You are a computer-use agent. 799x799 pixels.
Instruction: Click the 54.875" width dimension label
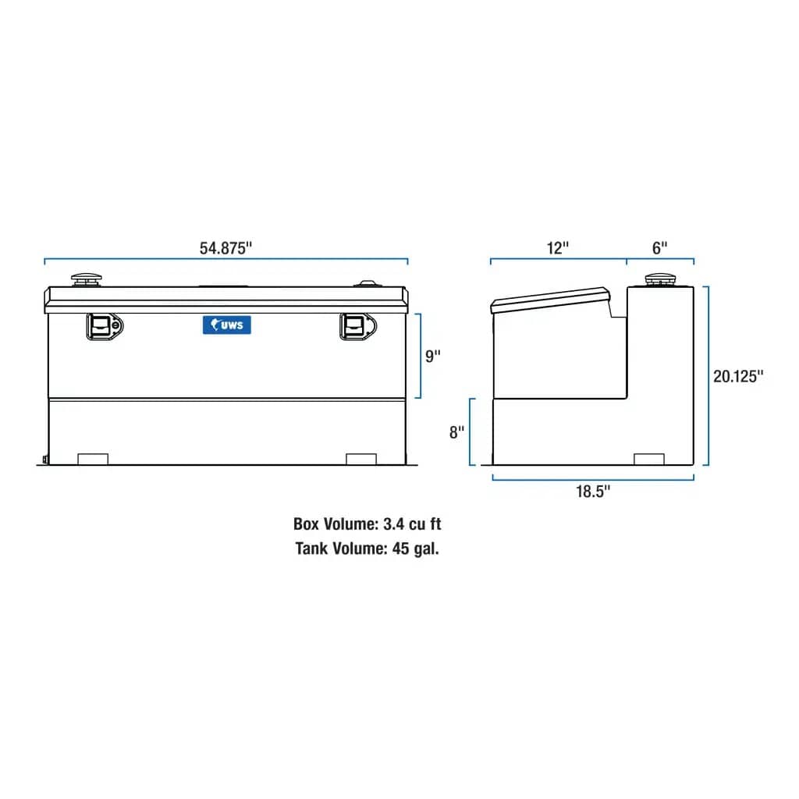tap(226, 248)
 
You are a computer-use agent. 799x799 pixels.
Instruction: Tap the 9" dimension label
tap(432, 355)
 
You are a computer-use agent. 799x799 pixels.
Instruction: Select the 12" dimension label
tap(558, 248)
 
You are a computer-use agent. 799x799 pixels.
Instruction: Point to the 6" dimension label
tap(660, 248)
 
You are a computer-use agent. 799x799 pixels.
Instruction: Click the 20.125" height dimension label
tap(737, 376)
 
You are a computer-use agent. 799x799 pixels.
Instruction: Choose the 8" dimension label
tap(456, 431)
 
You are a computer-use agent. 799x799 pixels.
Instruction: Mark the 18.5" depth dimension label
tap(593, 491)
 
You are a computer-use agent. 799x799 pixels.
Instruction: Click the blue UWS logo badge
tap(227, 325)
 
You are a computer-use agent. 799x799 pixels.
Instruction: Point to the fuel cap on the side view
tap(659, 280)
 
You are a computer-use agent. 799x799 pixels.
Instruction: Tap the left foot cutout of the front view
tap(94, 459)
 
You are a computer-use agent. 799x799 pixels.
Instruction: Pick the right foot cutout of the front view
tap(360, 459)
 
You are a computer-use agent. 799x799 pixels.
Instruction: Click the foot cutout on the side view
tap(649, 459)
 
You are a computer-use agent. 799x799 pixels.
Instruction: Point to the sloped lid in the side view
tap(550, 300)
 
